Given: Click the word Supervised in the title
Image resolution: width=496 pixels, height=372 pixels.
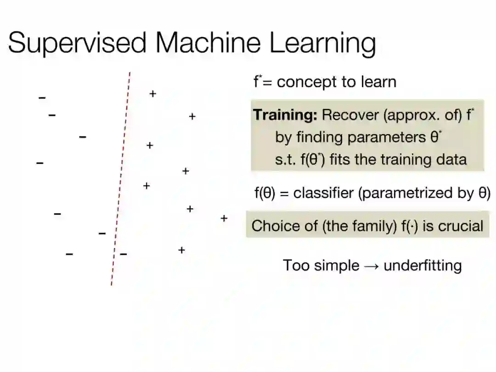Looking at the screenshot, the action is [x=77, y=44].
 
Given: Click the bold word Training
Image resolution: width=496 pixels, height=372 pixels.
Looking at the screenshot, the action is [x=285, y=115].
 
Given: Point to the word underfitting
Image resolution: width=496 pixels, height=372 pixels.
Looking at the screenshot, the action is [x=423, y=265].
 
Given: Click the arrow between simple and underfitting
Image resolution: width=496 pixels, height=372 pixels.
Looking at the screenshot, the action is [x=371, y=265].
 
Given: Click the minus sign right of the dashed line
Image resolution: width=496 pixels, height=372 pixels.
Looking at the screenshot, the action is [x=124, y=254].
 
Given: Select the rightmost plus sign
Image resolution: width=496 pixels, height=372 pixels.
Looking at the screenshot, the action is [x=224, y=218].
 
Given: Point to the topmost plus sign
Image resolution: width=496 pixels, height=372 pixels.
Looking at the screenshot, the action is [x=152, y=94].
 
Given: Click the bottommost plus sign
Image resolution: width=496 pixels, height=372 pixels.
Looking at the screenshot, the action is [x=181, y=250].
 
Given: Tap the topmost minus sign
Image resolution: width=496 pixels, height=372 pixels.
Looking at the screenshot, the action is [x=42, y=97].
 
